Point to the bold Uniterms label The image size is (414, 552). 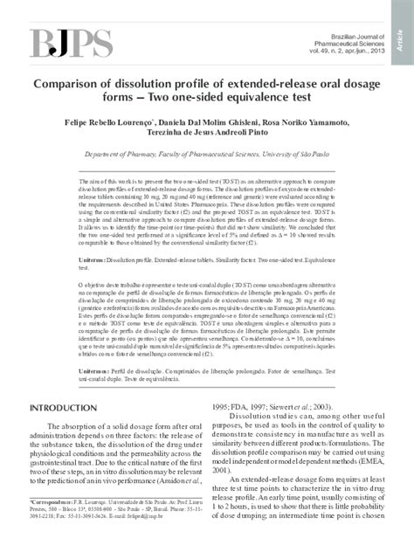94,261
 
